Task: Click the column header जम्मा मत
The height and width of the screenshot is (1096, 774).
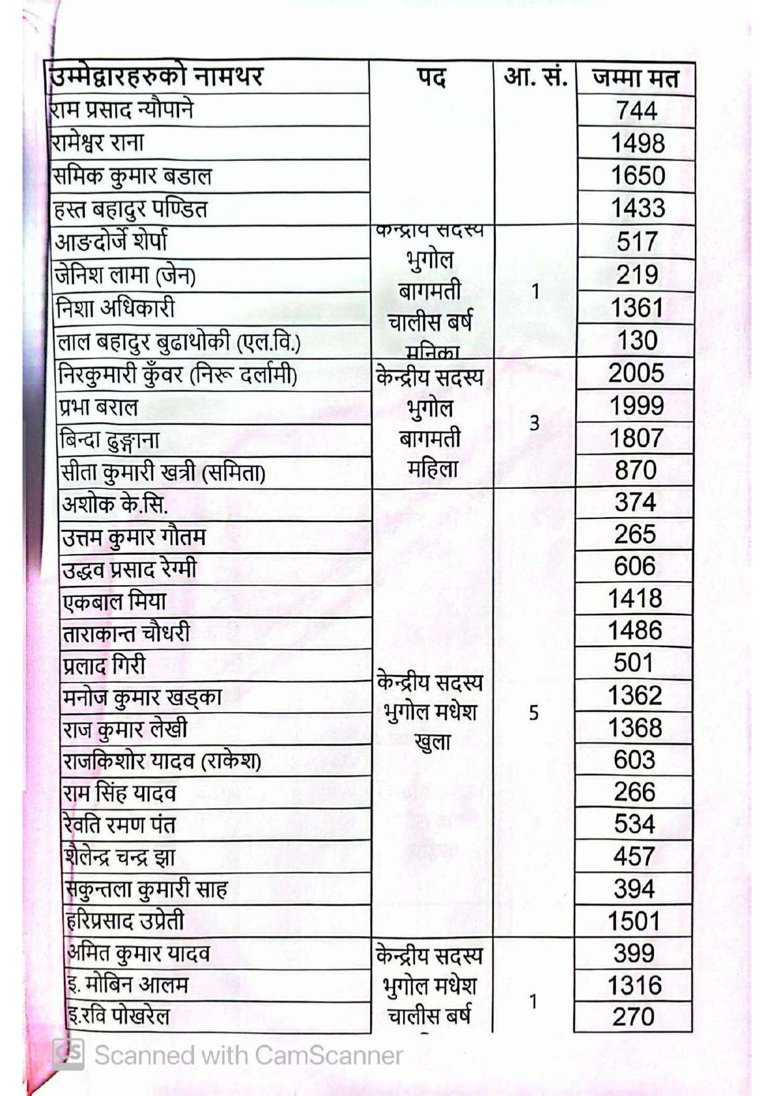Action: click(x=635, y=78)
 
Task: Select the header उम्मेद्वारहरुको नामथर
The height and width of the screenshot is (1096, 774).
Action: click(x=157, y=77)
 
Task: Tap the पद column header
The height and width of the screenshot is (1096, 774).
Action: click(x=431, y=78)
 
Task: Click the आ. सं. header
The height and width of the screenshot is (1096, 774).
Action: click(x=535, y=77)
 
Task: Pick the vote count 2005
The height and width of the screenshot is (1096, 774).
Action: click(x=636, y=373)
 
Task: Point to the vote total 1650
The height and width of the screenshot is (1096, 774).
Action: click(x=637, y=175)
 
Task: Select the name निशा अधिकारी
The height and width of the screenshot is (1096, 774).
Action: click(x=115, y=308)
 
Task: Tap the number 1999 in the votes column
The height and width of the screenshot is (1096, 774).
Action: click(x=636, y=406)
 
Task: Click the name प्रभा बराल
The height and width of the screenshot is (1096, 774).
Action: click(x=99, y=407)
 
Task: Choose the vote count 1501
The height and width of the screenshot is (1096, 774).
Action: click(x=634, y=921)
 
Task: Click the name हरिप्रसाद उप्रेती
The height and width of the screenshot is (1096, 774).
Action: click(x=125, y=921)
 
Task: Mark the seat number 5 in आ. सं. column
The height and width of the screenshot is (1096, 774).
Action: click(x=534, y=713)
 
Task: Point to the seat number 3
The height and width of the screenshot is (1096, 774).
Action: click(x=534, y=423)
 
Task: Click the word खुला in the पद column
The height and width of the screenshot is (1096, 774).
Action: click(x=432, y=743)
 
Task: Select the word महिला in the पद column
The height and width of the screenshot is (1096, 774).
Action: click(x=433, y=468)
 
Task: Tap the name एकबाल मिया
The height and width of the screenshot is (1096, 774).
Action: click(x=115, y=601)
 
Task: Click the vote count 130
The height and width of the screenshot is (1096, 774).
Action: click(x=637, y=340)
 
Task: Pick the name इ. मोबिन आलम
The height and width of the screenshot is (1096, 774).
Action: click(x=128, y=985)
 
